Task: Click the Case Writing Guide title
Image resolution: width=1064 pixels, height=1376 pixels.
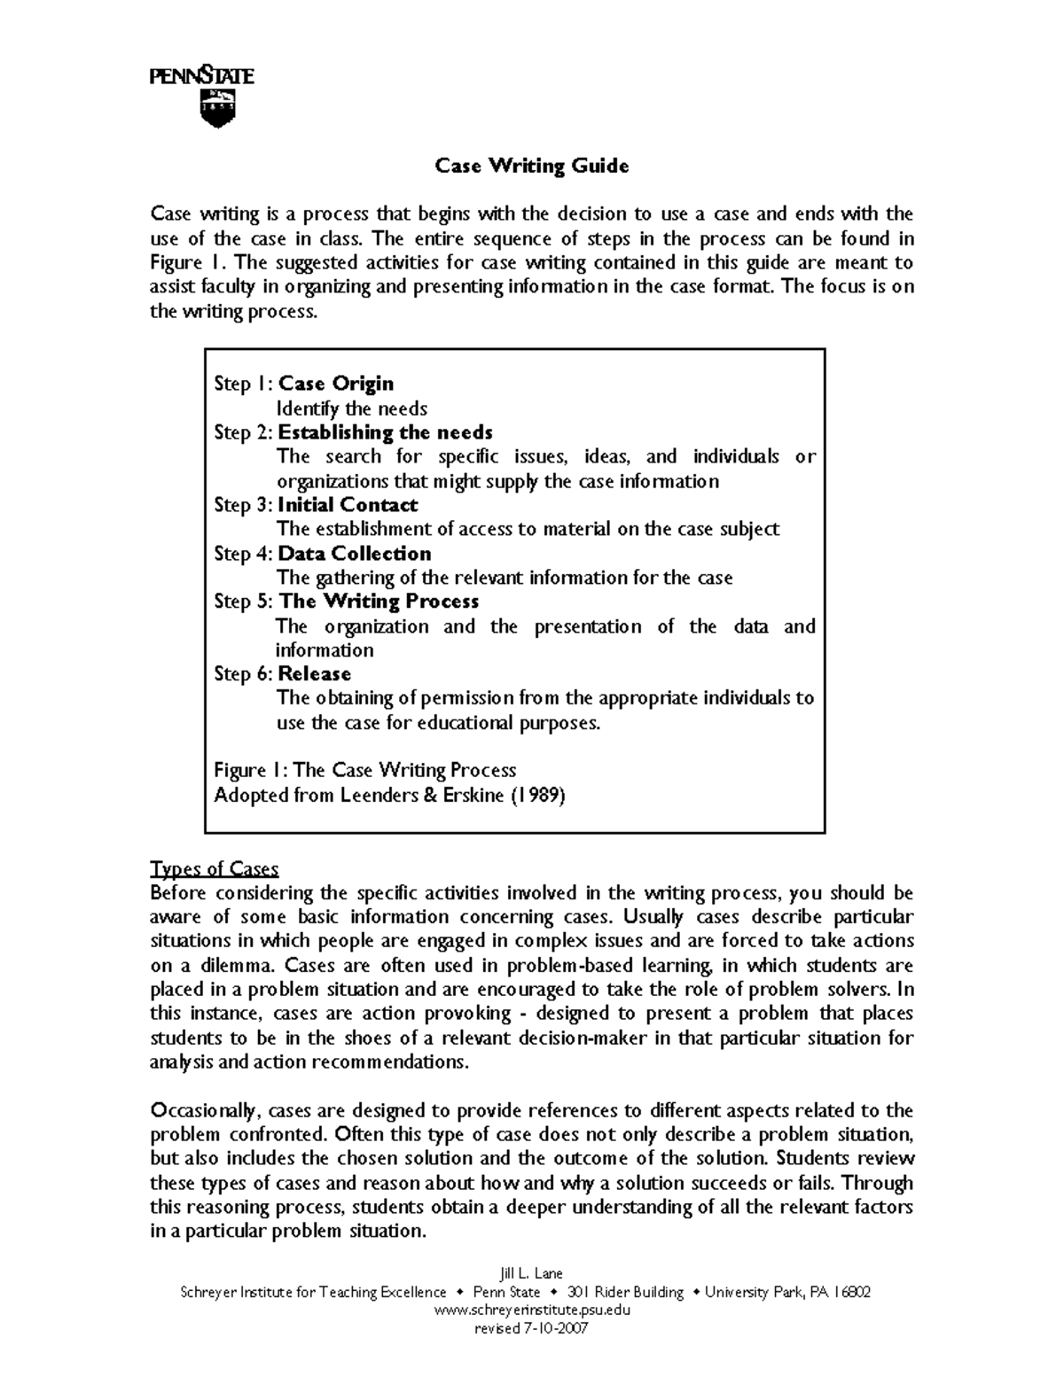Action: coord(531,166)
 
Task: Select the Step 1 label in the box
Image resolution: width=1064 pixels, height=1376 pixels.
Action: coord(243,384)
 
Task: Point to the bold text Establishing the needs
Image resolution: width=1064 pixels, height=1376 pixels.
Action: coord(385,432)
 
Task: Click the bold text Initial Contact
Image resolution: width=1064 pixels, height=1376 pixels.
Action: coord(348,505)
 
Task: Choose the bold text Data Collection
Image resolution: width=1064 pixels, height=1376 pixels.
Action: coord(355,554)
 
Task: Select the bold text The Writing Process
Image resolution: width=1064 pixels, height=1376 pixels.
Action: coord(379,602)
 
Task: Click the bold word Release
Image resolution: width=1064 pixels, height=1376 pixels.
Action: coord(315,674)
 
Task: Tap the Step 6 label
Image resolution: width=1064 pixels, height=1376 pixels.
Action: coord(243,674)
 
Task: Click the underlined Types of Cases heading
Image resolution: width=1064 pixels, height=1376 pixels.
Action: coord(215,868)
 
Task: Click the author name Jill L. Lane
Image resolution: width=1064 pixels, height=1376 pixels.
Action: coord(531,1273)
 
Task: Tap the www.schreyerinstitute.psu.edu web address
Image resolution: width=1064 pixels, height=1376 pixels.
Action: coord(531,1310)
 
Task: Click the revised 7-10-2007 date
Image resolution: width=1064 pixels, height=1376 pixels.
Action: coord(531,1329)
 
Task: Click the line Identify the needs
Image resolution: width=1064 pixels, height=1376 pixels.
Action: coord(352,408)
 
